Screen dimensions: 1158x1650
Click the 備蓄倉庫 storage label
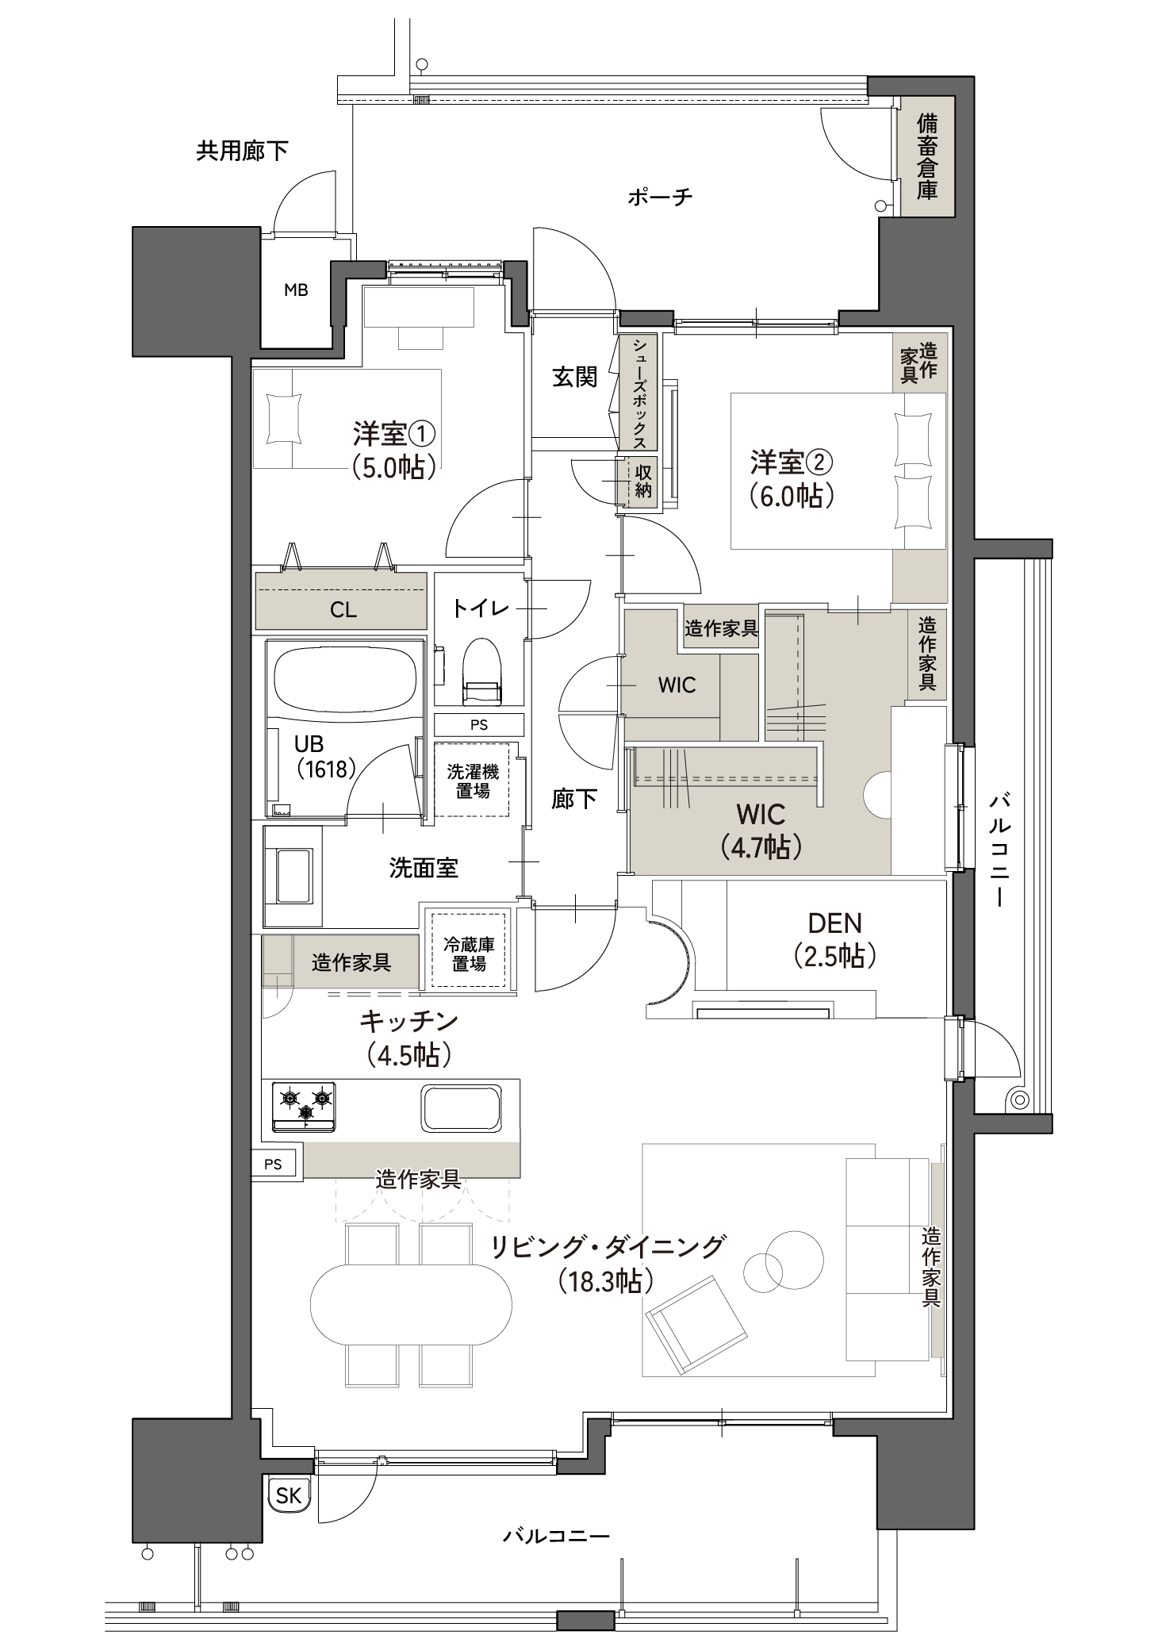coord(926,156)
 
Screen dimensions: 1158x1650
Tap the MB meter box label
coord(296,290)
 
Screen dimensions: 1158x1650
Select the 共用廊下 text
coord(242,151)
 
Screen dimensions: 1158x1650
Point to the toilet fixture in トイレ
coord(483,671)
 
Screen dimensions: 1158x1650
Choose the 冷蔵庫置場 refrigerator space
coord(468,954)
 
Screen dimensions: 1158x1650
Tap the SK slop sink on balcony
coord(289,1495)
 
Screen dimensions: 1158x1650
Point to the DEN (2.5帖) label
coord(834,940)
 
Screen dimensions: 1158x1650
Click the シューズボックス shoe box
coord(640,392)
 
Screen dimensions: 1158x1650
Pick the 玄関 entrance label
coord(575,378)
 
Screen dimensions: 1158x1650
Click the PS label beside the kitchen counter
coord(273,1164)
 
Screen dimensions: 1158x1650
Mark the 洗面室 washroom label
coord(424,868)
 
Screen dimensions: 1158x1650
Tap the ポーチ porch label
coord(660,197)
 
